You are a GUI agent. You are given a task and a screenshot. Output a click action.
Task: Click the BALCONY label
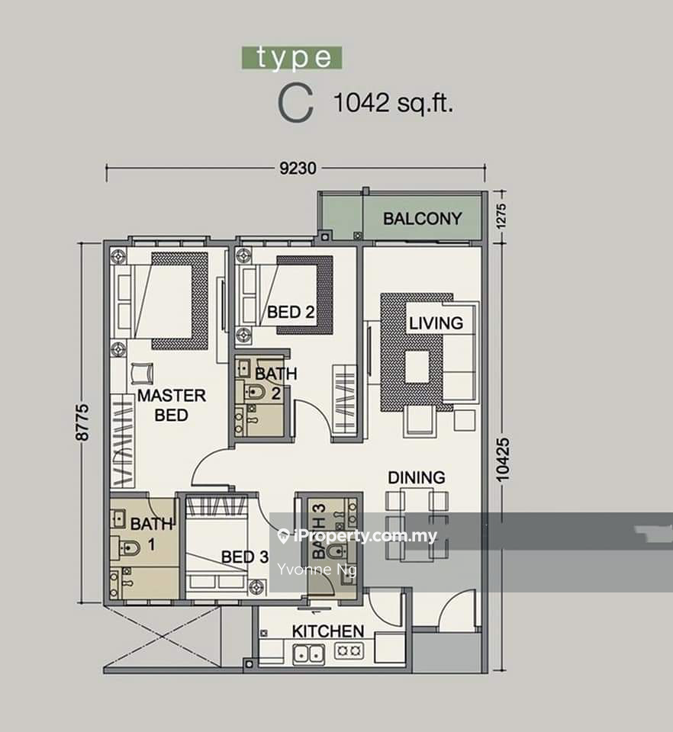422,219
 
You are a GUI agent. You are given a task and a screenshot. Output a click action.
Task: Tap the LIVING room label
436,323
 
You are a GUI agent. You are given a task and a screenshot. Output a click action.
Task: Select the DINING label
417,477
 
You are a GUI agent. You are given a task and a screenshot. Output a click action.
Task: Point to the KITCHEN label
328,631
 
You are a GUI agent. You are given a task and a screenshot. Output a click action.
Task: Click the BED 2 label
291,312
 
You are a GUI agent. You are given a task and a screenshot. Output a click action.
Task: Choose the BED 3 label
245,557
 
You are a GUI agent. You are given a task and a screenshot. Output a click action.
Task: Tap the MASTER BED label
172,405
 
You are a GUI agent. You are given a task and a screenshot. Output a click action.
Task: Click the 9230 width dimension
298,168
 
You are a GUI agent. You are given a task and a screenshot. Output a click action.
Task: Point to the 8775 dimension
82,422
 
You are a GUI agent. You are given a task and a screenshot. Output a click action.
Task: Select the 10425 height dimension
503,459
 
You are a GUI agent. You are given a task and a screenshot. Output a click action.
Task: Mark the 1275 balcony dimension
501,216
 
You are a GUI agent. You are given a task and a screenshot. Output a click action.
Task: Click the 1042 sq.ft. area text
393,103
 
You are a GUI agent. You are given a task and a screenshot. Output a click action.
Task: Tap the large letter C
295,105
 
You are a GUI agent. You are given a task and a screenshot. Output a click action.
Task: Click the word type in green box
292,58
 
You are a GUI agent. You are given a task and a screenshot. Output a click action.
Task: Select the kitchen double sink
309,653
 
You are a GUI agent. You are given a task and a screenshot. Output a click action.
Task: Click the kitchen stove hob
349,650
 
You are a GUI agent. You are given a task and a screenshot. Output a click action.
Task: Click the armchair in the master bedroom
142,373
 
